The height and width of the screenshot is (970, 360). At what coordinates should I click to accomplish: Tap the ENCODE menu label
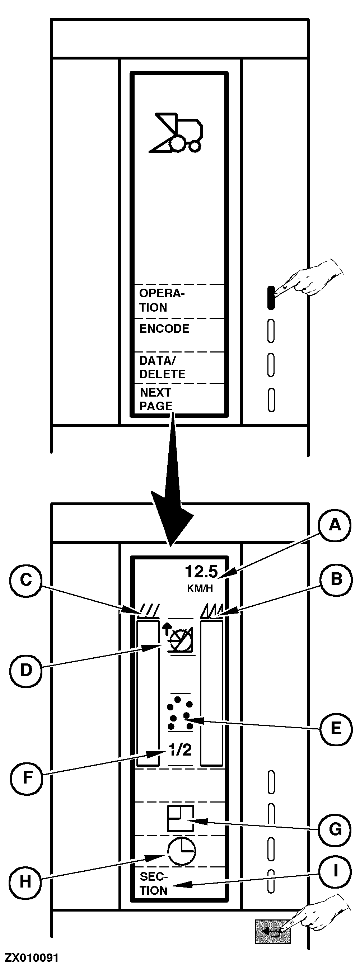(x=164, y=329)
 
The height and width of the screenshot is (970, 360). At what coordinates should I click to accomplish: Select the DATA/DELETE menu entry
(x=162, y=368)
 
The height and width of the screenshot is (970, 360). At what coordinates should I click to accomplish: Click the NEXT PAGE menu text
(x=156, y=399)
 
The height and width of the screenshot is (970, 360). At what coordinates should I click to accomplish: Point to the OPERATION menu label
(x=162, y=301)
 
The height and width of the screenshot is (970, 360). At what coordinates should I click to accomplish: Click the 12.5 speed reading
(x=201, y=572)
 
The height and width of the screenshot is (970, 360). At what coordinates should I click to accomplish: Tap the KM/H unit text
(x=200, y=588)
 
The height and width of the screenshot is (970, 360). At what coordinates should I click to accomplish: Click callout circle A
(x=335, y=525)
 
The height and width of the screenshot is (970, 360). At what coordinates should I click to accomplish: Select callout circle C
(x=25, y=580)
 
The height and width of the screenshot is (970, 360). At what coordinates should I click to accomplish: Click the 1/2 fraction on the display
(x=180, y=750)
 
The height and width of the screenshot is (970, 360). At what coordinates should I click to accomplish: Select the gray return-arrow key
(x=272, y=932)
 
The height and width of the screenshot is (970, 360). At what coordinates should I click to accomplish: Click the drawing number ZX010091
(x=32, y=957)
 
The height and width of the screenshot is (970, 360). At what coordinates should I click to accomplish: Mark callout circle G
(x=335, y=829)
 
